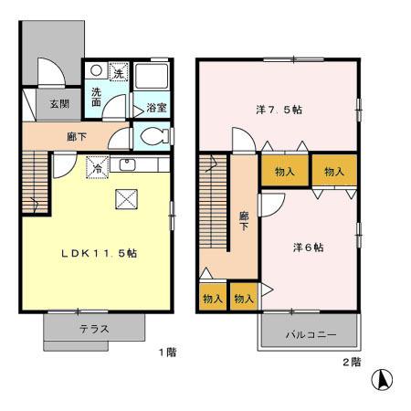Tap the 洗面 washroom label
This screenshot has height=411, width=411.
tap(96, 97)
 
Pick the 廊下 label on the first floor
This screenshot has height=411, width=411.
tap(75, 136)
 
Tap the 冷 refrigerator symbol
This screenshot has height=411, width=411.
tap(96, 166)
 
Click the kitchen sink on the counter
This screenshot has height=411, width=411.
tap(127, 165)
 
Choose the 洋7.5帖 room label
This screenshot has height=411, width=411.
tap(279, 110)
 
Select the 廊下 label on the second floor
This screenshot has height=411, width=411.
tap(244, 221)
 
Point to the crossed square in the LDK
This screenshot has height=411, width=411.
tap(125, 200)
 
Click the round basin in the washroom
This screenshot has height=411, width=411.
tap(96, 70)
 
